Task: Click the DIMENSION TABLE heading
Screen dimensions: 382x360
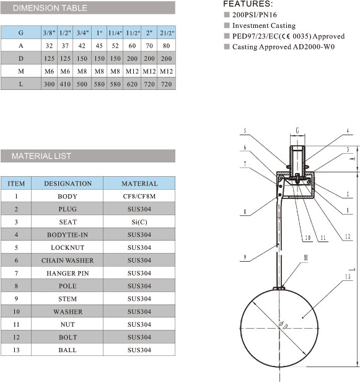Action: (x=50, y=8)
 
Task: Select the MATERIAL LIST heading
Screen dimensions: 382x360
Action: (x=42, y=156)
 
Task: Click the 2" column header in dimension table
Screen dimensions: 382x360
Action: (x=149, y=32)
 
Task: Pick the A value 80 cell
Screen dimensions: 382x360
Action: (x=167, y=45)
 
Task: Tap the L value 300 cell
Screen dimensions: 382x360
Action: (x=49, y=84)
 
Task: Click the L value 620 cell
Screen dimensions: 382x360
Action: (x=132, y=84)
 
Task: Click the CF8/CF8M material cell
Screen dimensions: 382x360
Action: (x=139, y=197)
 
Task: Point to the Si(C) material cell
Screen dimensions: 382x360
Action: (x=139, y=222)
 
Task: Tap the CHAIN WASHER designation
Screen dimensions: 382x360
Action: (x=68, y=260)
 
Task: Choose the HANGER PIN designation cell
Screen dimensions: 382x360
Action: (x=68, y=273)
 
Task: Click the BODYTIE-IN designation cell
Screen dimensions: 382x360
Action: (x=68, y=235)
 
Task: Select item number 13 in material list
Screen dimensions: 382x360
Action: (x=16, y=350)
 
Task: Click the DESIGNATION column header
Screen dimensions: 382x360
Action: (x=68, y=184)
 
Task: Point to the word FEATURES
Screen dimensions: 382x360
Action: (x=248, y=4)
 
